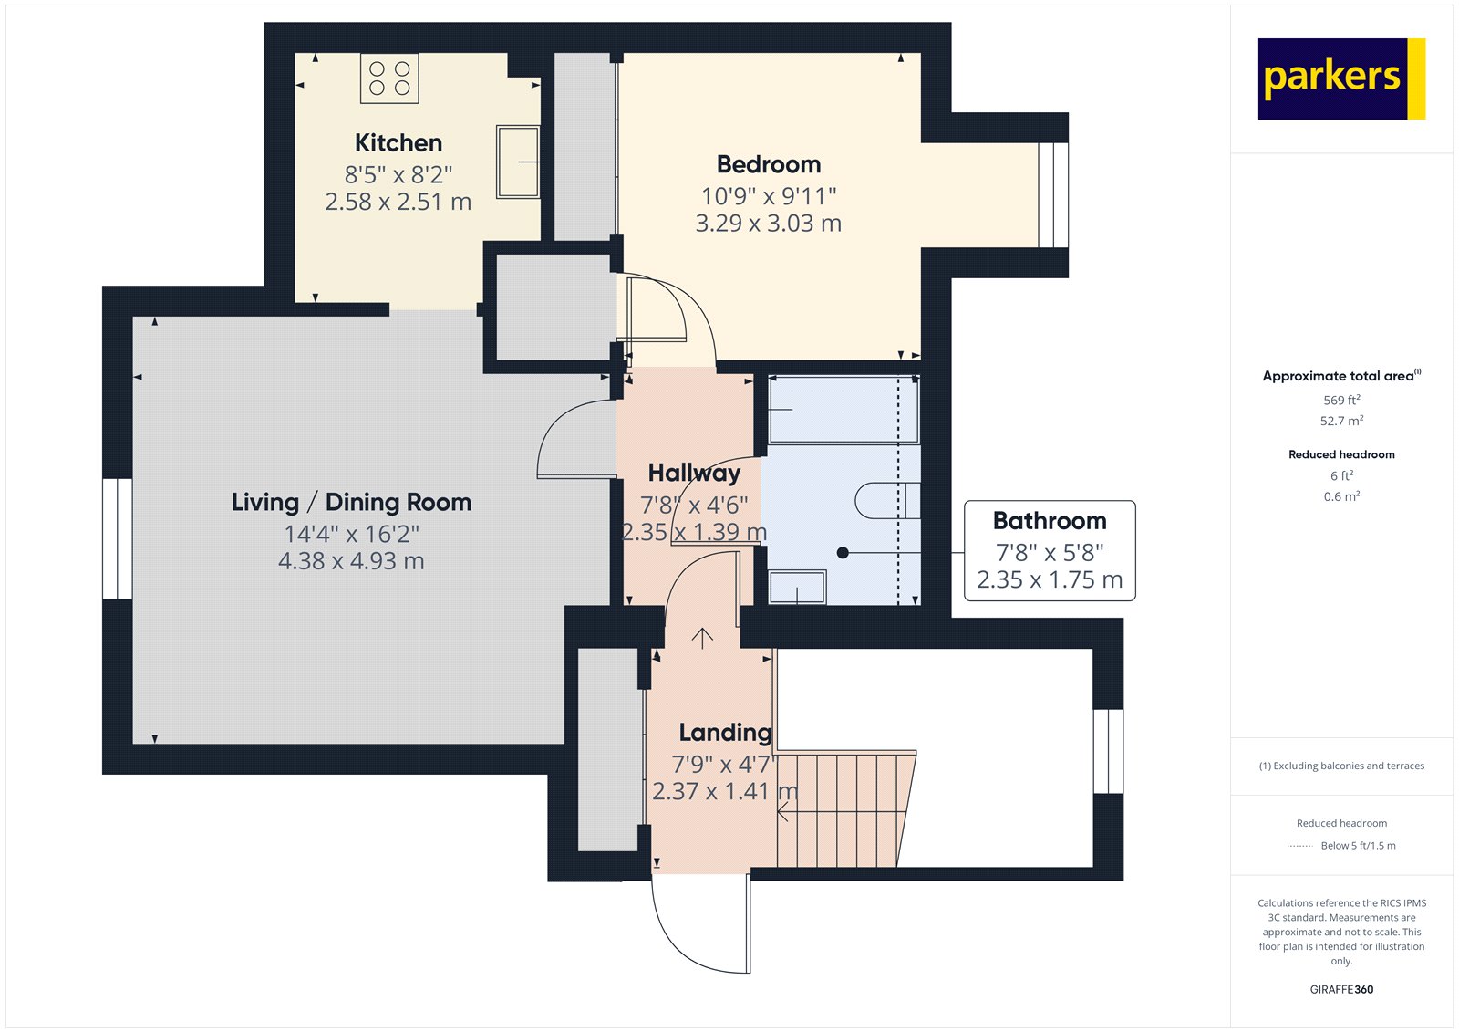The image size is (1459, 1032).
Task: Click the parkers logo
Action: click(1340, 78)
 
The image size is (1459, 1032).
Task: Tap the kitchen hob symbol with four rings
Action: click(389, 78)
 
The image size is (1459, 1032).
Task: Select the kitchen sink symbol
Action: click(517, 162)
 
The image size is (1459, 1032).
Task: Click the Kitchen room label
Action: click(398, 143)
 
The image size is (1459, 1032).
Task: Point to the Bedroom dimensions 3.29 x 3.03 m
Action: click(768, 224)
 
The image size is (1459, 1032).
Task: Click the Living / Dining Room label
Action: click(351, 503)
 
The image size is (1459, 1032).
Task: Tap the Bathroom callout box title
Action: click(1049, 521)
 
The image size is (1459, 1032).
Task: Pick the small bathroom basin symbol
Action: click(797, 587)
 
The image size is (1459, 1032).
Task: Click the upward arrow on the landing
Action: click(702, 638)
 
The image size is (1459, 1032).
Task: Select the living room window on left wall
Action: click(117, 538)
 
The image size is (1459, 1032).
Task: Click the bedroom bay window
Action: click(1052, 194)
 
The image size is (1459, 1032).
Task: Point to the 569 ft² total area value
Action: click(1340, 401)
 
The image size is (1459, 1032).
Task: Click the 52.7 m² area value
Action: click(1340, 422)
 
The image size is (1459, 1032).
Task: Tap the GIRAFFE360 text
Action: click(1340, 989)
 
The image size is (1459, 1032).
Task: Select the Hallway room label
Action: click(694, 473)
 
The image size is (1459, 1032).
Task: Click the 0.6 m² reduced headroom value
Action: click(1340, 497)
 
